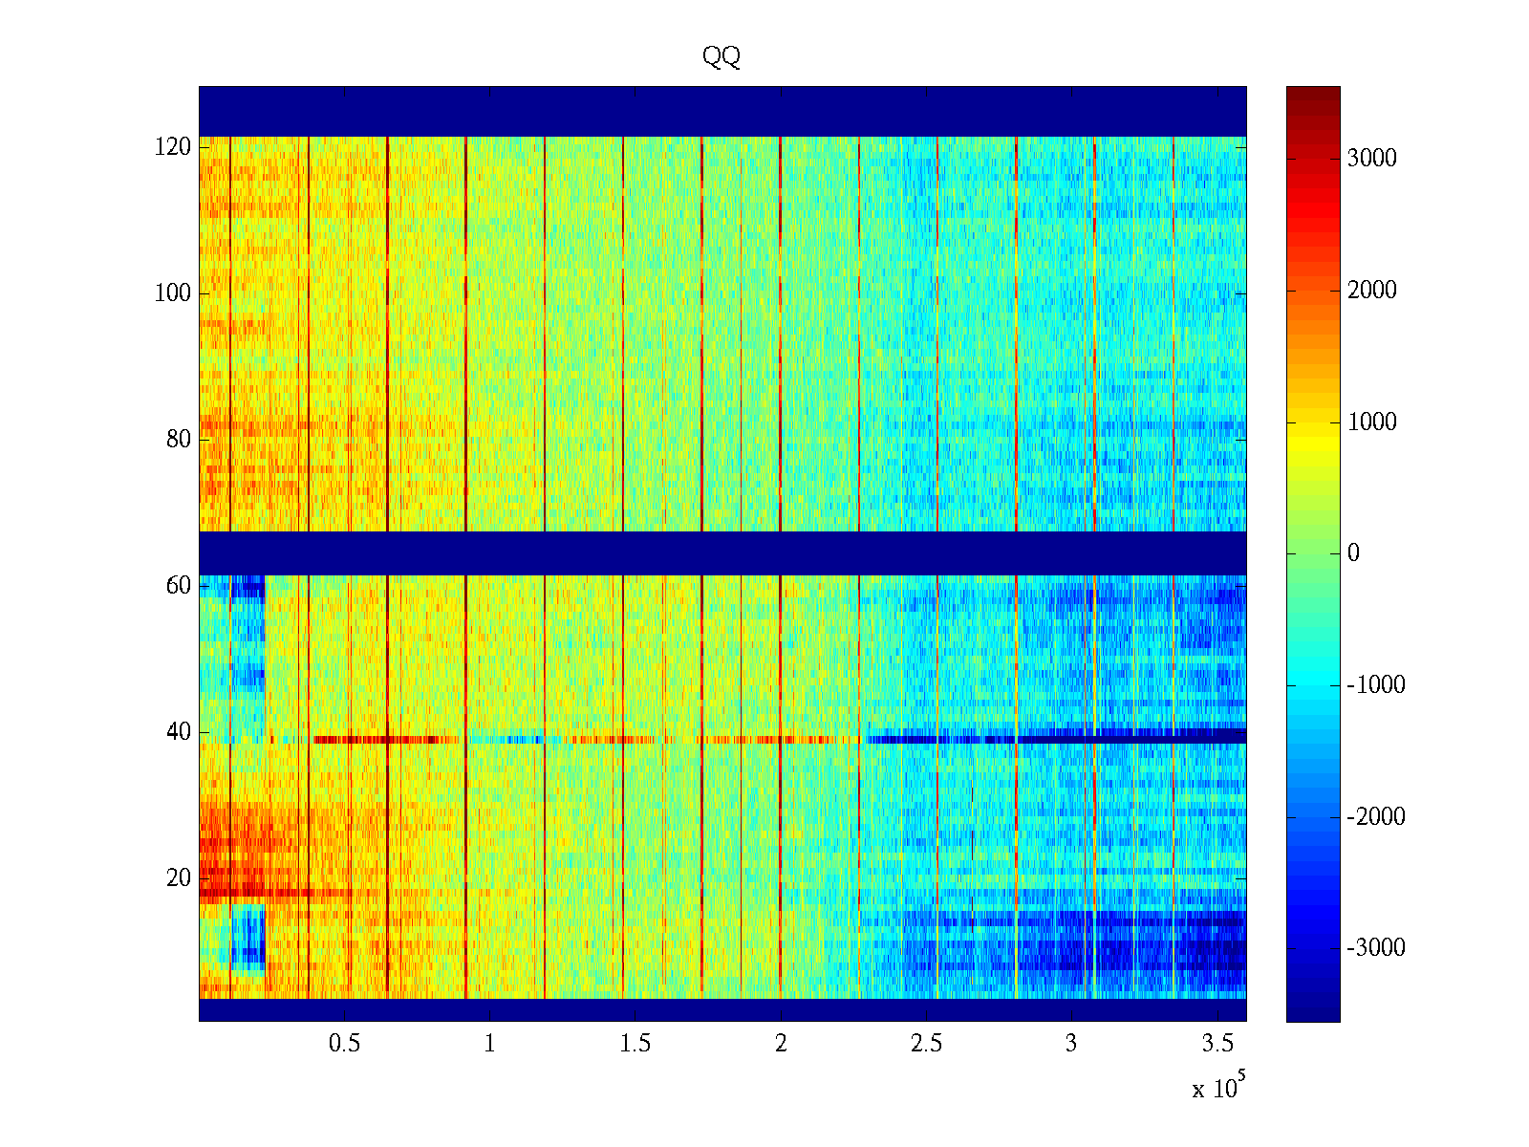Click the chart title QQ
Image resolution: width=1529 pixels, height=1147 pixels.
coord(721,57)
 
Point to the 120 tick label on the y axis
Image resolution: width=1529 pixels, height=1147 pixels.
coord(173,147)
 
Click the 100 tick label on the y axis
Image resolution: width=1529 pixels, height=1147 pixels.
coord(173,293)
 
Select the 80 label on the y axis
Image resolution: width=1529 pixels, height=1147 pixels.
coord(179,440)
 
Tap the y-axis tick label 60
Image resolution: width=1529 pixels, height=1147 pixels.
coord(179,586)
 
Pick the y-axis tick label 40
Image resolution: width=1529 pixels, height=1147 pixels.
coord(179,732)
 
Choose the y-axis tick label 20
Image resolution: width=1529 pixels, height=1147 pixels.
coord(179,878)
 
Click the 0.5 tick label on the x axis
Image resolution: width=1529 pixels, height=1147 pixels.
coord(345,1044)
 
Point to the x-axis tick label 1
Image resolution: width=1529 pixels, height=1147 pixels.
coord(490,1044)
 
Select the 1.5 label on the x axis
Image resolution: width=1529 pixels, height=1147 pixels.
coord(635,1044)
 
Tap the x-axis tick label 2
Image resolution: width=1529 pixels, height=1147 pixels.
coord(781,1044)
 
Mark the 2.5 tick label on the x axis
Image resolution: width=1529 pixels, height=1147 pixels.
coord(926,1044)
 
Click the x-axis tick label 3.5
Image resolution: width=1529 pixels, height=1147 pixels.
coord(1217,1044)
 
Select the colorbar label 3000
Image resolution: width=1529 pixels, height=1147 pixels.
coord(1372,159)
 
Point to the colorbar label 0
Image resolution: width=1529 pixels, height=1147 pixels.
coord(1353,553)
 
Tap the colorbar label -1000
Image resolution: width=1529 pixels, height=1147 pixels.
coord(1376,685)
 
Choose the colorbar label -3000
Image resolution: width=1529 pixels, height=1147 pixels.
coord(1376,948)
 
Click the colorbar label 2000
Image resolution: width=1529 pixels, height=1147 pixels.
coord(1372,291)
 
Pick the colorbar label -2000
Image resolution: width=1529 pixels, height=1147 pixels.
coord(1376,817)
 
